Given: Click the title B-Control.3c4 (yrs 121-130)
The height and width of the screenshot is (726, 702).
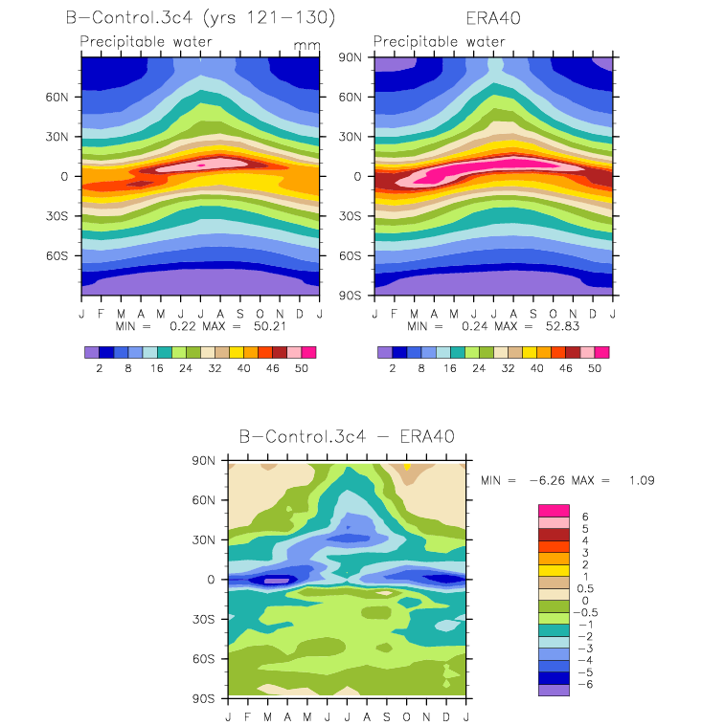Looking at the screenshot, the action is click(200, 17).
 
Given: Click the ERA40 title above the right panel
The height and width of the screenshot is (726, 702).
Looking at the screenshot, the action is click(493, 18).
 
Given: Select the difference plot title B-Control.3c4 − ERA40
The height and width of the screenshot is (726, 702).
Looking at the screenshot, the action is click(347, 436).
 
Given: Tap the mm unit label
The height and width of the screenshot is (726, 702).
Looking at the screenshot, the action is click(306, 45).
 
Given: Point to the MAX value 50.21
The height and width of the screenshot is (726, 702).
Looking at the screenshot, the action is click(269, 326).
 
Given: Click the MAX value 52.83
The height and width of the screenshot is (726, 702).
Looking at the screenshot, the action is click(562, 326).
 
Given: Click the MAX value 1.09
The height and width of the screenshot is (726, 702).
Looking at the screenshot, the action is click(642, 480).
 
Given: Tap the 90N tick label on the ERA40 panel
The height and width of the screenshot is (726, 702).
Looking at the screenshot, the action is click(350, 57).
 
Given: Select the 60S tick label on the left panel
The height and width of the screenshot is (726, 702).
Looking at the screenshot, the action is click(57, 256).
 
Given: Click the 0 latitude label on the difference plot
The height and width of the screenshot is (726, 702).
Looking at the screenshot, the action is click(211, 580).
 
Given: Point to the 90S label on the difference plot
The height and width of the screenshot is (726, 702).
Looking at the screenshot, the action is click(204, 698).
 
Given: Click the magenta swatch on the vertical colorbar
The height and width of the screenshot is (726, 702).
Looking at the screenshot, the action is click(554, 511).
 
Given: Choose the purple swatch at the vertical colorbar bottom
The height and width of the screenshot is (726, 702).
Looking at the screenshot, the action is click(554, 690).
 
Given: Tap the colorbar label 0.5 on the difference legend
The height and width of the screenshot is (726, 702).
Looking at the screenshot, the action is click(585, 588).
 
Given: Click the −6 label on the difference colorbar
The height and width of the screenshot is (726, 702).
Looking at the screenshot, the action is click(585, 684).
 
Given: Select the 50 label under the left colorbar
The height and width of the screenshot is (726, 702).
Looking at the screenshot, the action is click(302, 368).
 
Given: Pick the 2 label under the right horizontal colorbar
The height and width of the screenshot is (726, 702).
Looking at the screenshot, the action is click(393, 368).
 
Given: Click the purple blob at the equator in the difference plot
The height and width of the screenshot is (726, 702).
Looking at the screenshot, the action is click(277, 581).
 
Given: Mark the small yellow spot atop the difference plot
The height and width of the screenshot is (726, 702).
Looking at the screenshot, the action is click(407, 467).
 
